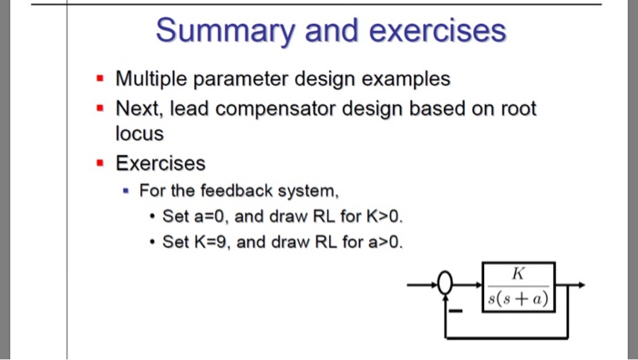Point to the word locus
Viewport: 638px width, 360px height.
(x=139, y=134)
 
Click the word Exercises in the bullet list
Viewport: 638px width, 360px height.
(x=160, y=164)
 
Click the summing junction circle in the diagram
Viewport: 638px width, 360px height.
(x=446, y=285)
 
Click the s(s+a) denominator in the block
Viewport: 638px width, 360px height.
(x=518, y=297)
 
